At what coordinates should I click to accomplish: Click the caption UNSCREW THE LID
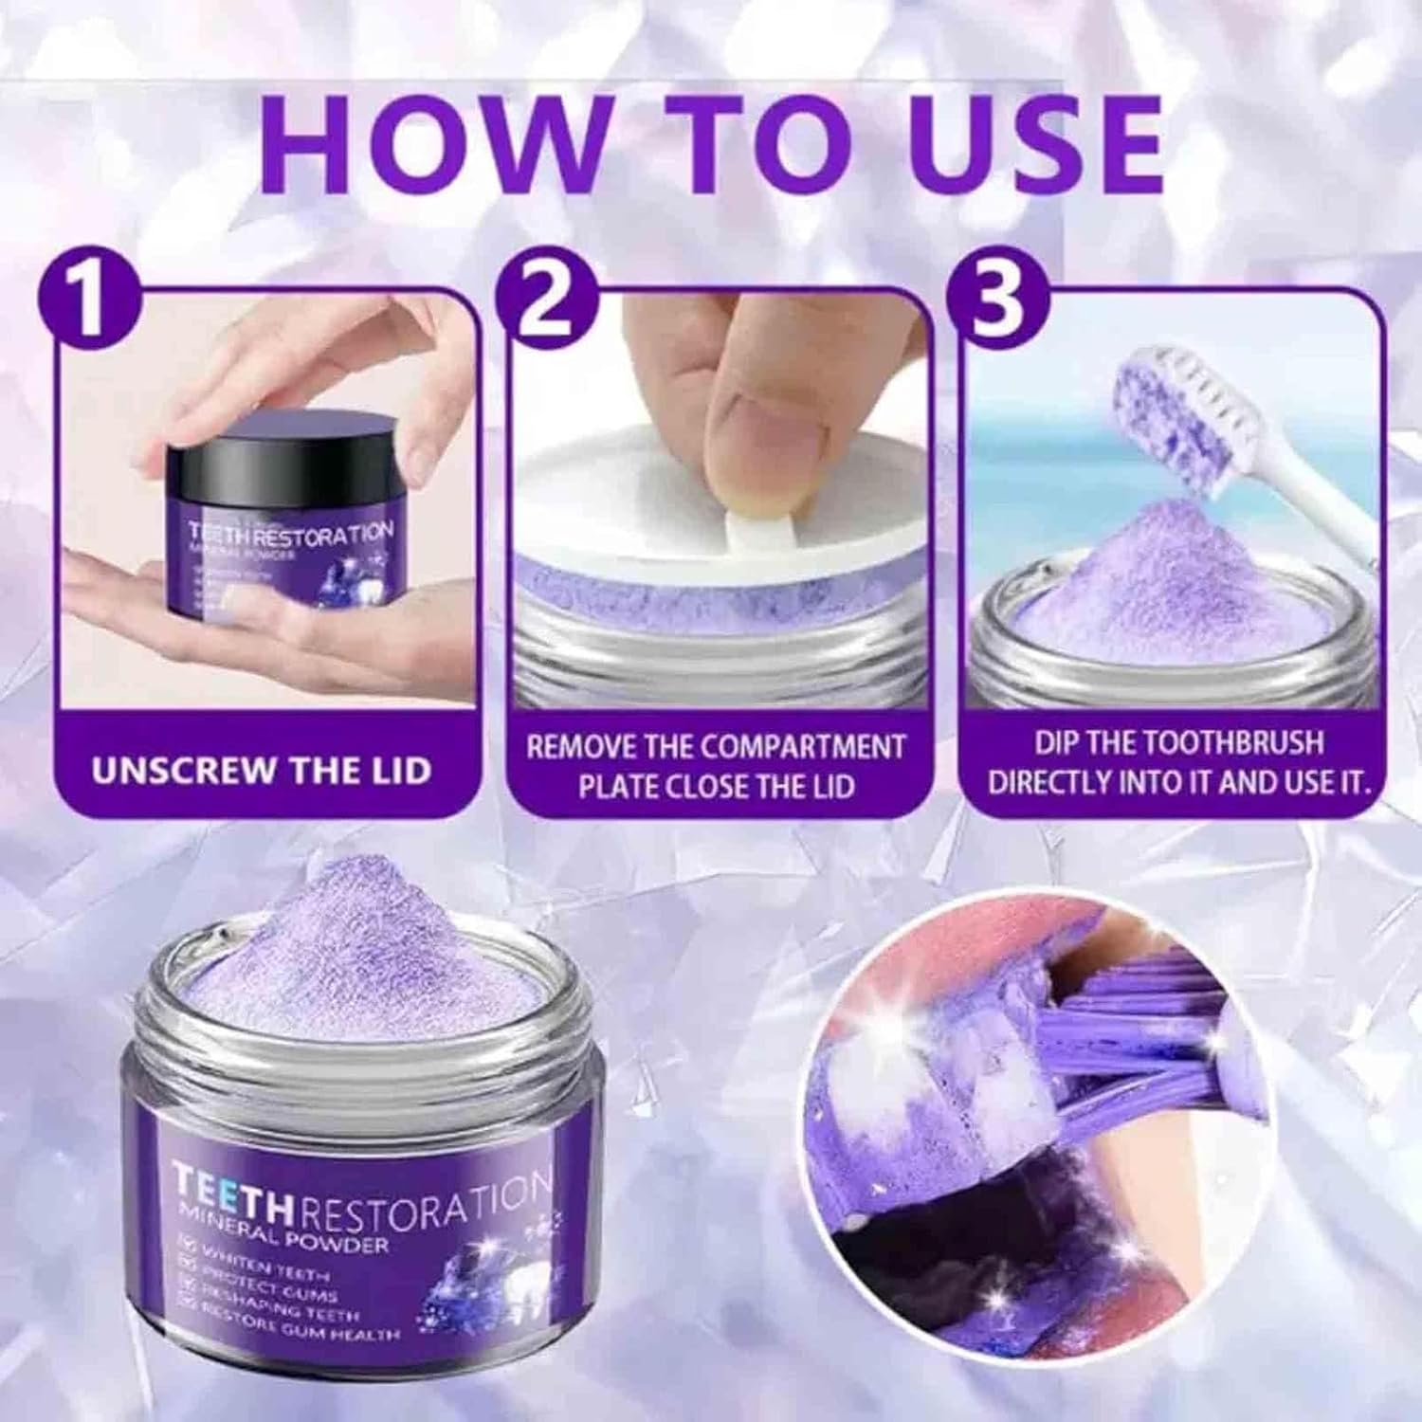pos(261,770)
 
